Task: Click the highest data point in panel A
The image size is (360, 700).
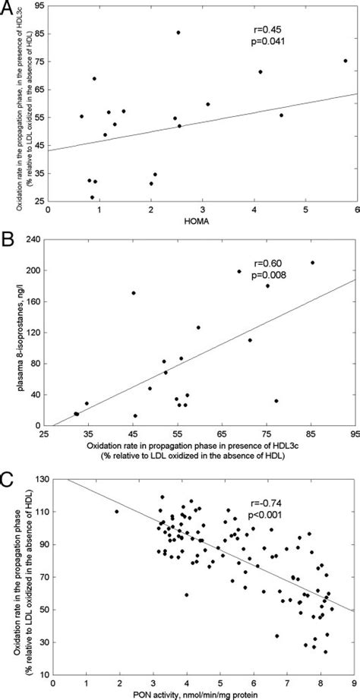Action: [x=178, y=33]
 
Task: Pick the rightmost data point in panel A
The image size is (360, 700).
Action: [x=346, y=61]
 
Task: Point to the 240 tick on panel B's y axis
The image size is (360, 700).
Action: [x=36, y=239]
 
